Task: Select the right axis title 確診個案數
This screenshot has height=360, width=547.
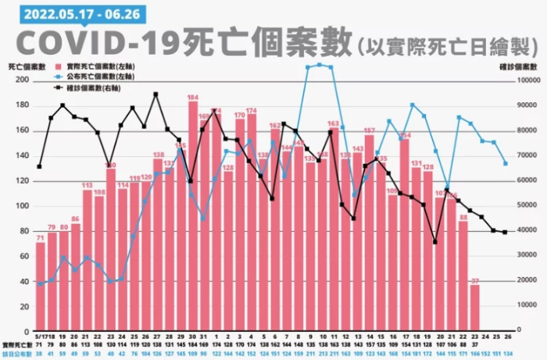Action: [517, 68]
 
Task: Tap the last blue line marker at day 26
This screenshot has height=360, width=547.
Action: [506, 163]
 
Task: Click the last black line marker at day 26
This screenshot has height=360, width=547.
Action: [506, 232]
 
